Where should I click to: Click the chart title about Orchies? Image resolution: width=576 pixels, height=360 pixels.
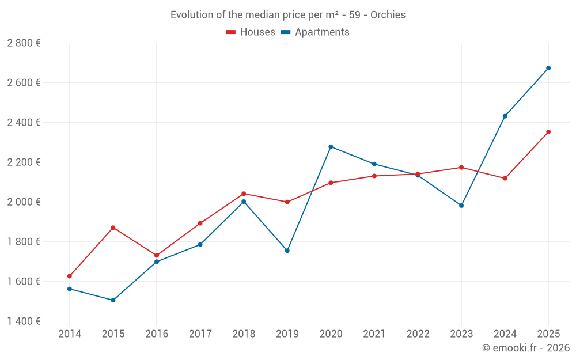pyautogui.click(x=288, y=15)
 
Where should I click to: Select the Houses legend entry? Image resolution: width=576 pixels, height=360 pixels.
pyautogui.click(x=251, y=32)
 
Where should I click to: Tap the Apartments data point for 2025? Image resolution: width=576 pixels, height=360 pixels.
pyautogui.click(x=548, y=68)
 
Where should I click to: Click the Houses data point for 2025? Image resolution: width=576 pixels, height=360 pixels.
pyautogui.click(x=548, y=132)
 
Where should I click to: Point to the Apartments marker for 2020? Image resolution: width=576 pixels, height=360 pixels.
pyautogui.click(x=331, y=147)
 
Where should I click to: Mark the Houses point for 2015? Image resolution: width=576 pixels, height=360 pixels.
pyautogui.click(x=113, y=228)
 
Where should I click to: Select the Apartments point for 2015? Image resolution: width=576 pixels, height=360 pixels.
pyautogui.click(x=113, y=300)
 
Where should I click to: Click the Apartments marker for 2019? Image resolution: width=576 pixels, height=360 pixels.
pyautogui.click(x=287, y=251)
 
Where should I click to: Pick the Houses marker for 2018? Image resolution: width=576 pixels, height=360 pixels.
pyautogui.click(x=244, y=194)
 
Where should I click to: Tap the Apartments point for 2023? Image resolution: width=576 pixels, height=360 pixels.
pyautogui.click(x=461, y=206)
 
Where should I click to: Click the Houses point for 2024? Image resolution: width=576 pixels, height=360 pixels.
pyautogui.click(x=505, y=179)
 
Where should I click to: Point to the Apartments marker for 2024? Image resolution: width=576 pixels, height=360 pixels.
pyautogui.click(x=505, y=116)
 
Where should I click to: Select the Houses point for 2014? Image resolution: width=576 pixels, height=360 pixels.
pyautogui.click(x=70, y=276)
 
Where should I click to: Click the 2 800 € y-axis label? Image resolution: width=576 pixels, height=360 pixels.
pyautogui.click(x=24, y=43)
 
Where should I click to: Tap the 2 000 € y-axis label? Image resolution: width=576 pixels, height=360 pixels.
pyautogui.click(x=24, y=202)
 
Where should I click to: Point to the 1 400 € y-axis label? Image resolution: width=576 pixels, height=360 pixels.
pyautogui.click(x=24, y=321)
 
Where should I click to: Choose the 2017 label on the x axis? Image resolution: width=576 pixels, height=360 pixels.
pyautogui.click(x=200, y=334)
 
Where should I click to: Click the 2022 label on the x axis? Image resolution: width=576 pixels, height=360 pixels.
pyautogui.click(x=418, y=334)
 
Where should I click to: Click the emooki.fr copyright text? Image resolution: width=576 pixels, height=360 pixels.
pyautogui.click(x=525, y=348)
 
